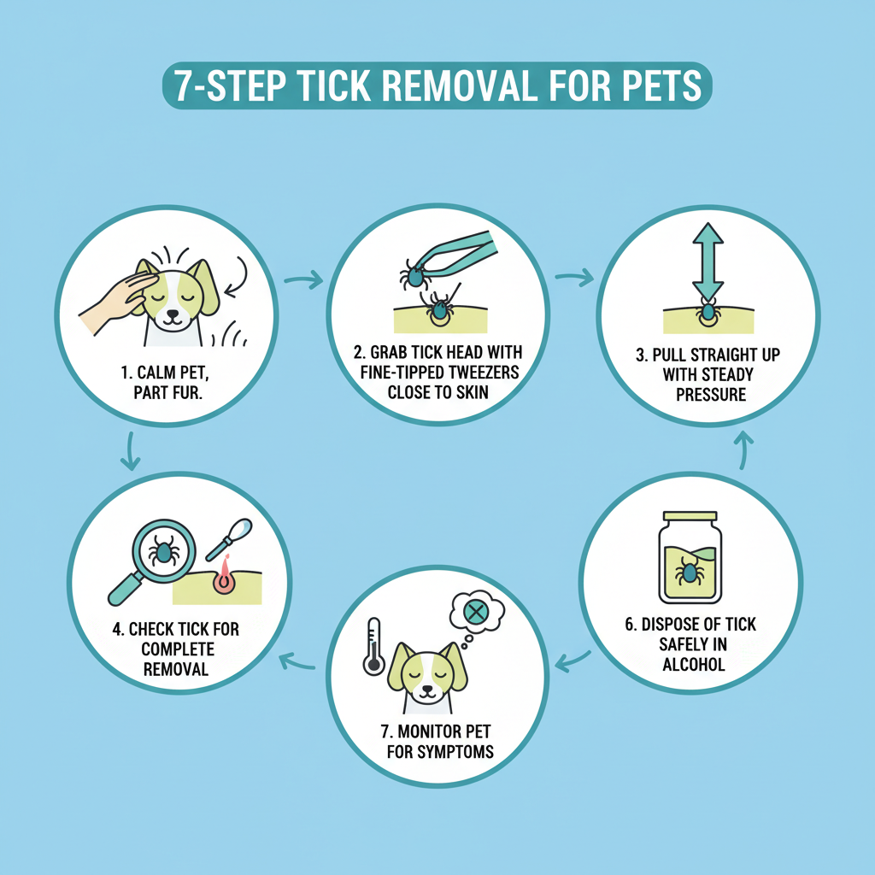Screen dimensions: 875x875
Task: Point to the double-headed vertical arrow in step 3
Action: click(x=708, y=261)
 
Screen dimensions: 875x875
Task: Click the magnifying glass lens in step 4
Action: click(x=163, y=551)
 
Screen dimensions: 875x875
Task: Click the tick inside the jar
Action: click(x=689, y=573)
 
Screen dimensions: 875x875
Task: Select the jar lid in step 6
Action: click(x=690, y=515)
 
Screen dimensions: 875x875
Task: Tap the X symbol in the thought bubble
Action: click(x=475, y=613)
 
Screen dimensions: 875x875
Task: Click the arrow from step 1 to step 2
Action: click(x=303, y=279)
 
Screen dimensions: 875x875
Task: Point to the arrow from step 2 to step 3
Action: click(x=574, y=277)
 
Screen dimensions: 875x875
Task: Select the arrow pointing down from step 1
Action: click(x=130, y=451)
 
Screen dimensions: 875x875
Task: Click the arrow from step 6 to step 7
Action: click(x=573, y=661)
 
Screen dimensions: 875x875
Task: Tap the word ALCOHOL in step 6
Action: click(x=694, y=665)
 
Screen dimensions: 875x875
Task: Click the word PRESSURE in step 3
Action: click(x=711, y=395)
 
